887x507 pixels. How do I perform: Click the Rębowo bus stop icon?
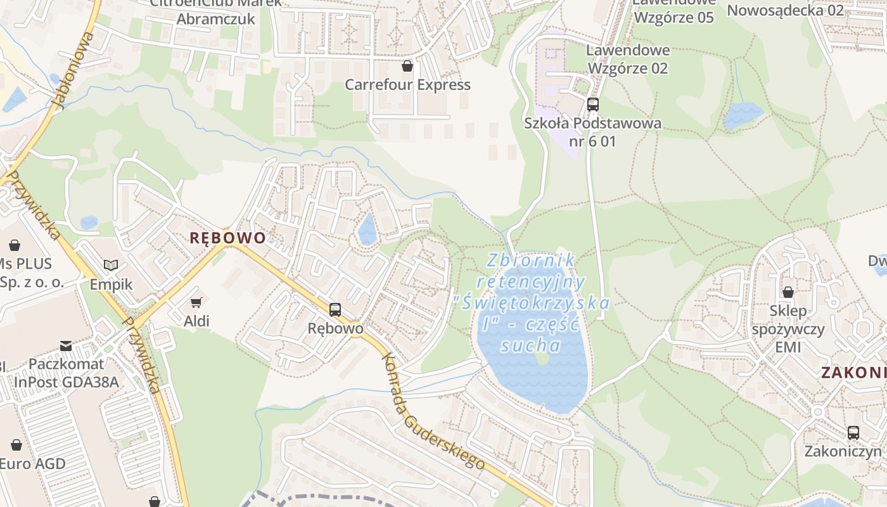[335, 310]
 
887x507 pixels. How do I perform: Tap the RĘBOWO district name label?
[228, 238]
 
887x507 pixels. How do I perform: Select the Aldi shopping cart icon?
[196, 302]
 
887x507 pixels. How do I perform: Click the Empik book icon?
[111, 265]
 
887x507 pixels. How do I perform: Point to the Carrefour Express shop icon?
[407, 65]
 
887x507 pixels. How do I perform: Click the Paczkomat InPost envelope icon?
[66, 345]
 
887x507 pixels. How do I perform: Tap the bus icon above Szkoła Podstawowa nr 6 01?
[593, 105]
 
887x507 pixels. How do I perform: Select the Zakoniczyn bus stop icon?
[853, 433]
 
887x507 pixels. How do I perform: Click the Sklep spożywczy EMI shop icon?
[788, 292]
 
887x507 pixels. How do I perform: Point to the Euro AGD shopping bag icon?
[16, 445]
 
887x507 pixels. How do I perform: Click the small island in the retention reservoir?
[542, 359]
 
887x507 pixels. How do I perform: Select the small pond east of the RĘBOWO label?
[367, 230]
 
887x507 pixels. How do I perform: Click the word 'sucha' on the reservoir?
[530, 346]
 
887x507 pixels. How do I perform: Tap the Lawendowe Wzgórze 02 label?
[628, 59]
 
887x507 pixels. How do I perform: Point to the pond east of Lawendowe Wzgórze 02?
[743, 116]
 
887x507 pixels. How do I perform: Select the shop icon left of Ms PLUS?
[14, 245]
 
